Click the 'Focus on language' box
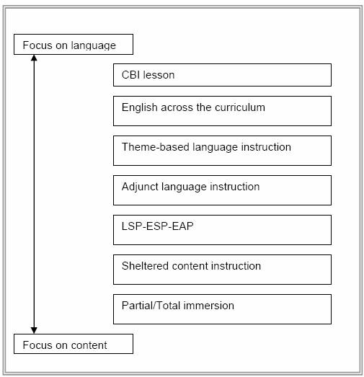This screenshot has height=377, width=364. click(74, 44)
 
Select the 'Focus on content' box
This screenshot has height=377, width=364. click(74, 344)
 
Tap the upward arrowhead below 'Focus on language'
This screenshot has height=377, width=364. click(34, 58)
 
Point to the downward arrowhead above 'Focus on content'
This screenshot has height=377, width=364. click(34, 330)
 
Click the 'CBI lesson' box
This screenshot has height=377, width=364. click(222, 75)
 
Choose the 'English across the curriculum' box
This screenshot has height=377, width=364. click(222, 111)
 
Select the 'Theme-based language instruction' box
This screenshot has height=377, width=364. click(222, 151)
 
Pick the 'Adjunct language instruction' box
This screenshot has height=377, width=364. click(222, 190)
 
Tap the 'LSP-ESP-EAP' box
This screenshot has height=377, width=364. click(222, 230)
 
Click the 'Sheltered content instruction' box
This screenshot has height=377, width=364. click(222, 270)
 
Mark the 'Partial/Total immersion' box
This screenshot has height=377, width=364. click(222, 309)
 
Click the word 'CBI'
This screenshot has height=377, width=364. click(130, 75)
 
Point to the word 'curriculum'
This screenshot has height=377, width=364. click(240, 107)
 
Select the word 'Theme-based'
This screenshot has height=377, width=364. click(155, 147)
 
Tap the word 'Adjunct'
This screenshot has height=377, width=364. click(140, 187)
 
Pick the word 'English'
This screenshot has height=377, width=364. click(139, 107)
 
